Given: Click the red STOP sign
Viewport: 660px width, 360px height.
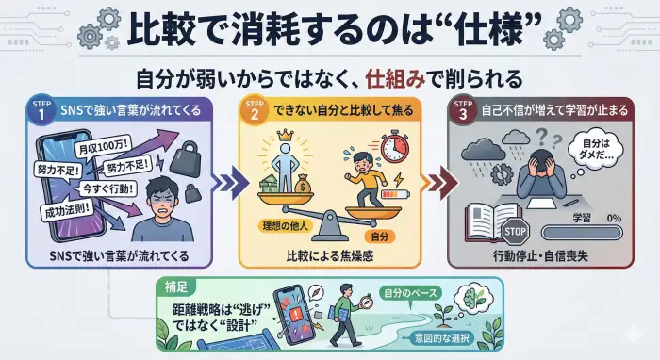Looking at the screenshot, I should click(517, 229).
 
